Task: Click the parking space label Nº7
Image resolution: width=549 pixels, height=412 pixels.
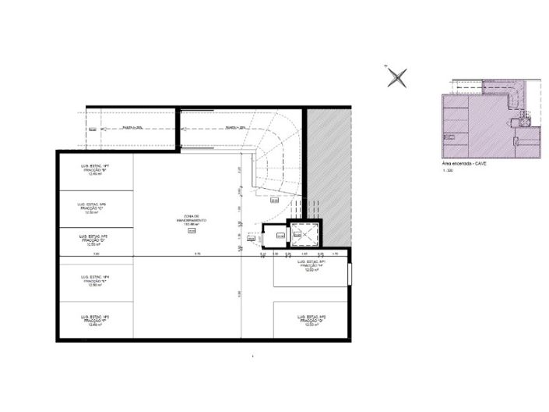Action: pyautogui.click(x=94, y=172)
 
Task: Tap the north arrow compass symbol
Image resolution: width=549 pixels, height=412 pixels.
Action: pyautogui.click(x=397, y=76)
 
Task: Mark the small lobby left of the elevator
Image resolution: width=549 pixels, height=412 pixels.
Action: pyautogui.click(x=276, y=236)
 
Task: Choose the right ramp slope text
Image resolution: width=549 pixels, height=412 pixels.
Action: pyautogui.click(x=234, y=127)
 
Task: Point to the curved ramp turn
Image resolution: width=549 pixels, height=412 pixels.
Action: pyautogui.click(x=276, y=156)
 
